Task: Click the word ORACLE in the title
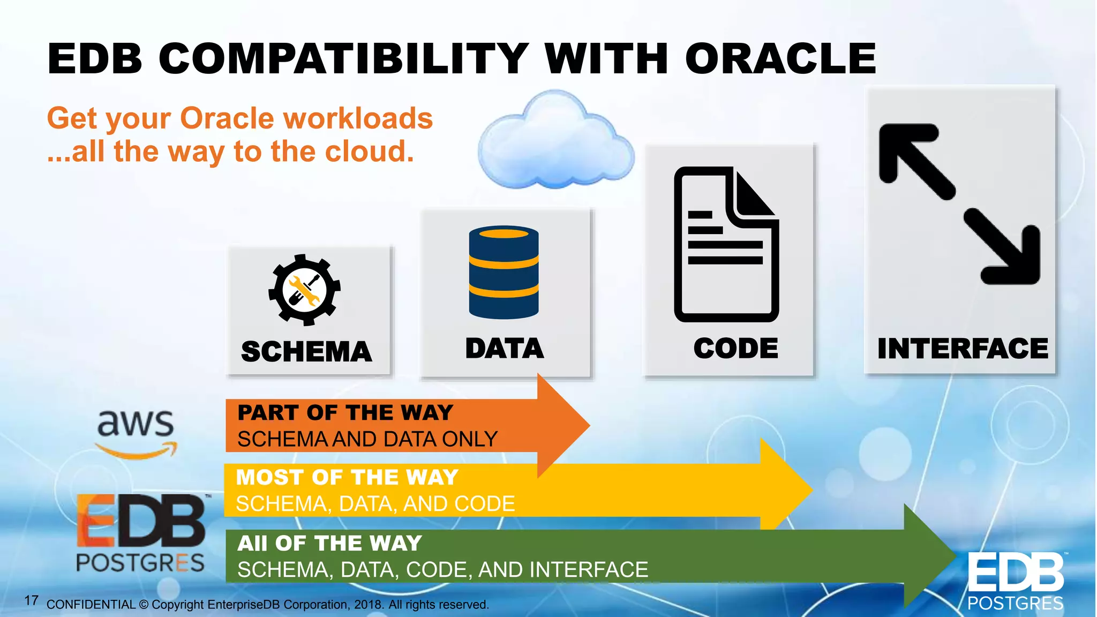[780, 59]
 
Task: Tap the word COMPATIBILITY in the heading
[343, 59]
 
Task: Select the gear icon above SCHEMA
[304, 290]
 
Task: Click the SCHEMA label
[306, 352]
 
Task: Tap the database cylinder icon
[504, 272]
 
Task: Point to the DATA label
[505, 349]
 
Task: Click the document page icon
[726, 245]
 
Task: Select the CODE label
[735, 349]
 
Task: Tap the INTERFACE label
[963, 349]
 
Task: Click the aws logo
[136, 432]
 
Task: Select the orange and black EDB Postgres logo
[140, 533]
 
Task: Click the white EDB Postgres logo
[1015, 581]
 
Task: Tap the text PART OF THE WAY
[345, 413]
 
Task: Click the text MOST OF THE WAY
[347, 477]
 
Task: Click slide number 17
[31, 600]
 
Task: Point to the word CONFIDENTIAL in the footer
[91, 605]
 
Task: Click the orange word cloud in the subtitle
[370, 152]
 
